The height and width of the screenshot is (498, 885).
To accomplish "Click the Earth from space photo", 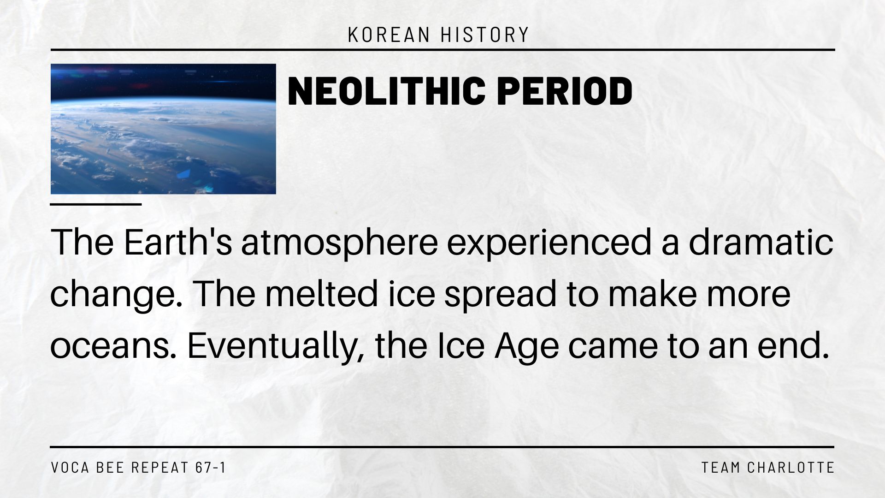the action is tap(163, 129).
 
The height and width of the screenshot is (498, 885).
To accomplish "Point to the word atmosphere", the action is tap(339, 243).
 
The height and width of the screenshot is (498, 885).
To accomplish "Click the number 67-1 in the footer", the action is tap(211, 468).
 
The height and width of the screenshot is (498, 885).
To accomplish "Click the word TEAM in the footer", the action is tap(721, 468).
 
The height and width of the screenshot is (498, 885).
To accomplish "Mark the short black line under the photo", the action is tap(96, 204).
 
